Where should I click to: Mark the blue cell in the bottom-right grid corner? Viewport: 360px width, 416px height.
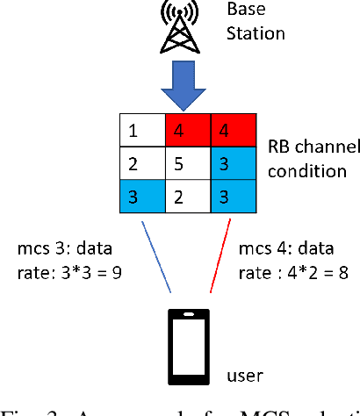[x=232, y=195]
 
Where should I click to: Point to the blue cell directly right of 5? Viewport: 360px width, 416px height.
[x=232, y=162]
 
